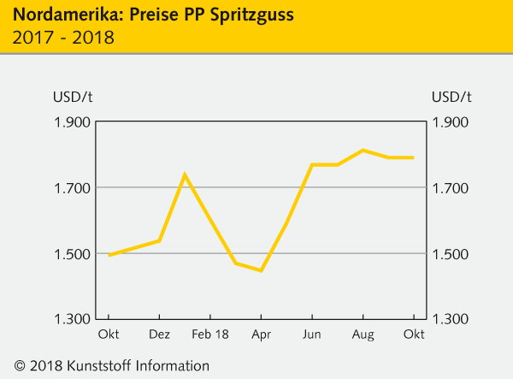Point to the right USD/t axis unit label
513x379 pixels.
pos(453,95)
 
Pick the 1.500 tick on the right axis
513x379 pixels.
pos(453,254)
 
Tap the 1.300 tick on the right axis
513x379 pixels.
pos(453,319)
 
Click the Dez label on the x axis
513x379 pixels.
pos(160,334)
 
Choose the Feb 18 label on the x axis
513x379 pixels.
pos(209,334)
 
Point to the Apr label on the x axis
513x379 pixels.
pos(262,334)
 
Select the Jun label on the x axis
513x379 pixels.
pos(313,334)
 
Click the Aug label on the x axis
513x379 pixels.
pos(363,334)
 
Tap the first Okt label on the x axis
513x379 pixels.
pos(109,334)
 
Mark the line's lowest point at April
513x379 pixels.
pos(261,270)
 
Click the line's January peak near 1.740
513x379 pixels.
pos(185,175)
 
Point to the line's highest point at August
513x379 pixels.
pos(363,151)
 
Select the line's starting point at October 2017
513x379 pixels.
pos(109,255)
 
